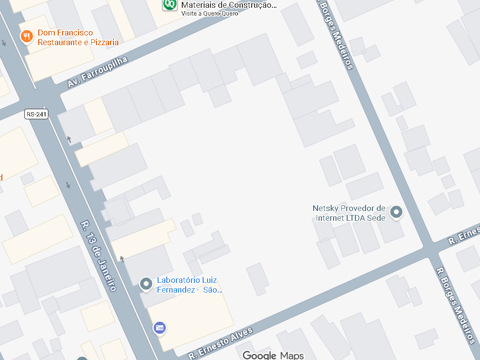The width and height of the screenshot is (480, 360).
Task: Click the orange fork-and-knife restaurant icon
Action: point(27,36)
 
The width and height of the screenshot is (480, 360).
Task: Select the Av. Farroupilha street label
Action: point(97,72)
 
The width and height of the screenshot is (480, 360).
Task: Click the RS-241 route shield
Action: point(37,114)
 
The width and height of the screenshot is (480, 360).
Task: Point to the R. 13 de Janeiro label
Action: point(98,256)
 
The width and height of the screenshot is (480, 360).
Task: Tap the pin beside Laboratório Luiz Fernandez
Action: point(146,283)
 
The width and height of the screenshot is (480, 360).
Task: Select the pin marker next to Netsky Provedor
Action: point(397,212)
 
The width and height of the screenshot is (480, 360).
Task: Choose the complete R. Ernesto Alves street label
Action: point(221,344)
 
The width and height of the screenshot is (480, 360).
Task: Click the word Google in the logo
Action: point(259,355)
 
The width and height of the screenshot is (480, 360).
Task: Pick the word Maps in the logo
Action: point(292,355)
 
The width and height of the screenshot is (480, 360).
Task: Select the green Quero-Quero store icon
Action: point(170,4)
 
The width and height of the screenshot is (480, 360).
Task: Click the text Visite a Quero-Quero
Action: point(210,13)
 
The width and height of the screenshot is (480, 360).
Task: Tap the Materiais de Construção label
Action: point(228,5)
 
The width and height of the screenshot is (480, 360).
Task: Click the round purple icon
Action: point(160,328)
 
